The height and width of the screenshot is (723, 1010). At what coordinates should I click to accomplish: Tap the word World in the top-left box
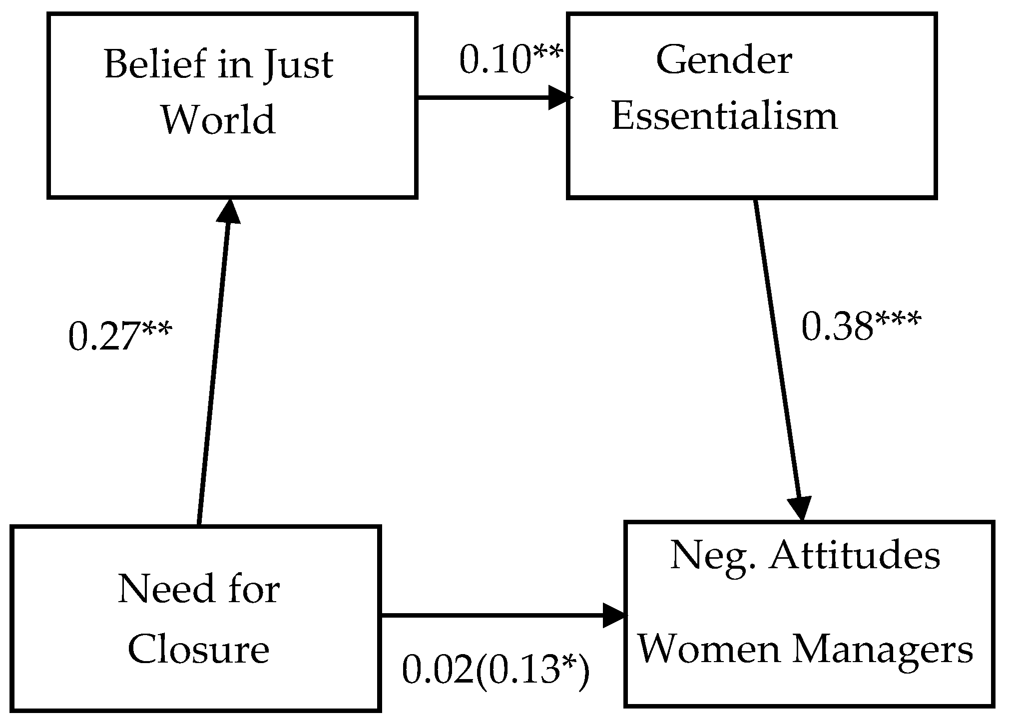pos(218,119)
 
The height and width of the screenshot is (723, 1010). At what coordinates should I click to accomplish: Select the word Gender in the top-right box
pos(724,61)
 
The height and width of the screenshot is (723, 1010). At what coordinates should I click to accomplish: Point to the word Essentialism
pos(724,116)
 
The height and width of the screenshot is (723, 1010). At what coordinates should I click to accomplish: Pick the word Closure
pos(199,650)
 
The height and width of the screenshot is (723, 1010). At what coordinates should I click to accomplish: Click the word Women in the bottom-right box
pos(708,650)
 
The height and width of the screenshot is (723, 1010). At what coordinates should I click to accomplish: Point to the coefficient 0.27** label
pos(120,337)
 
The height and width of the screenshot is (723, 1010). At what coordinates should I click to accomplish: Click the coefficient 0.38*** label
pos(860,328)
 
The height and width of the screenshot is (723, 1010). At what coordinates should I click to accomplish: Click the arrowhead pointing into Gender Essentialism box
pos(559,97)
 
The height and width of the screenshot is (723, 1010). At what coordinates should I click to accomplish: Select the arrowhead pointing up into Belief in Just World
pos(228,212)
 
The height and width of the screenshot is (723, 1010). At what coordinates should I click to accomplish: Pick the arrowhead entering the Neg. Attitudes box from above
pos(800,507)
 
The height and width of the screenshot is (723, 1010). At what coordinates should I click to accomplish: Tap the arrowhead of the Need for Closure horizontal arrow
pos(614,615)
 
